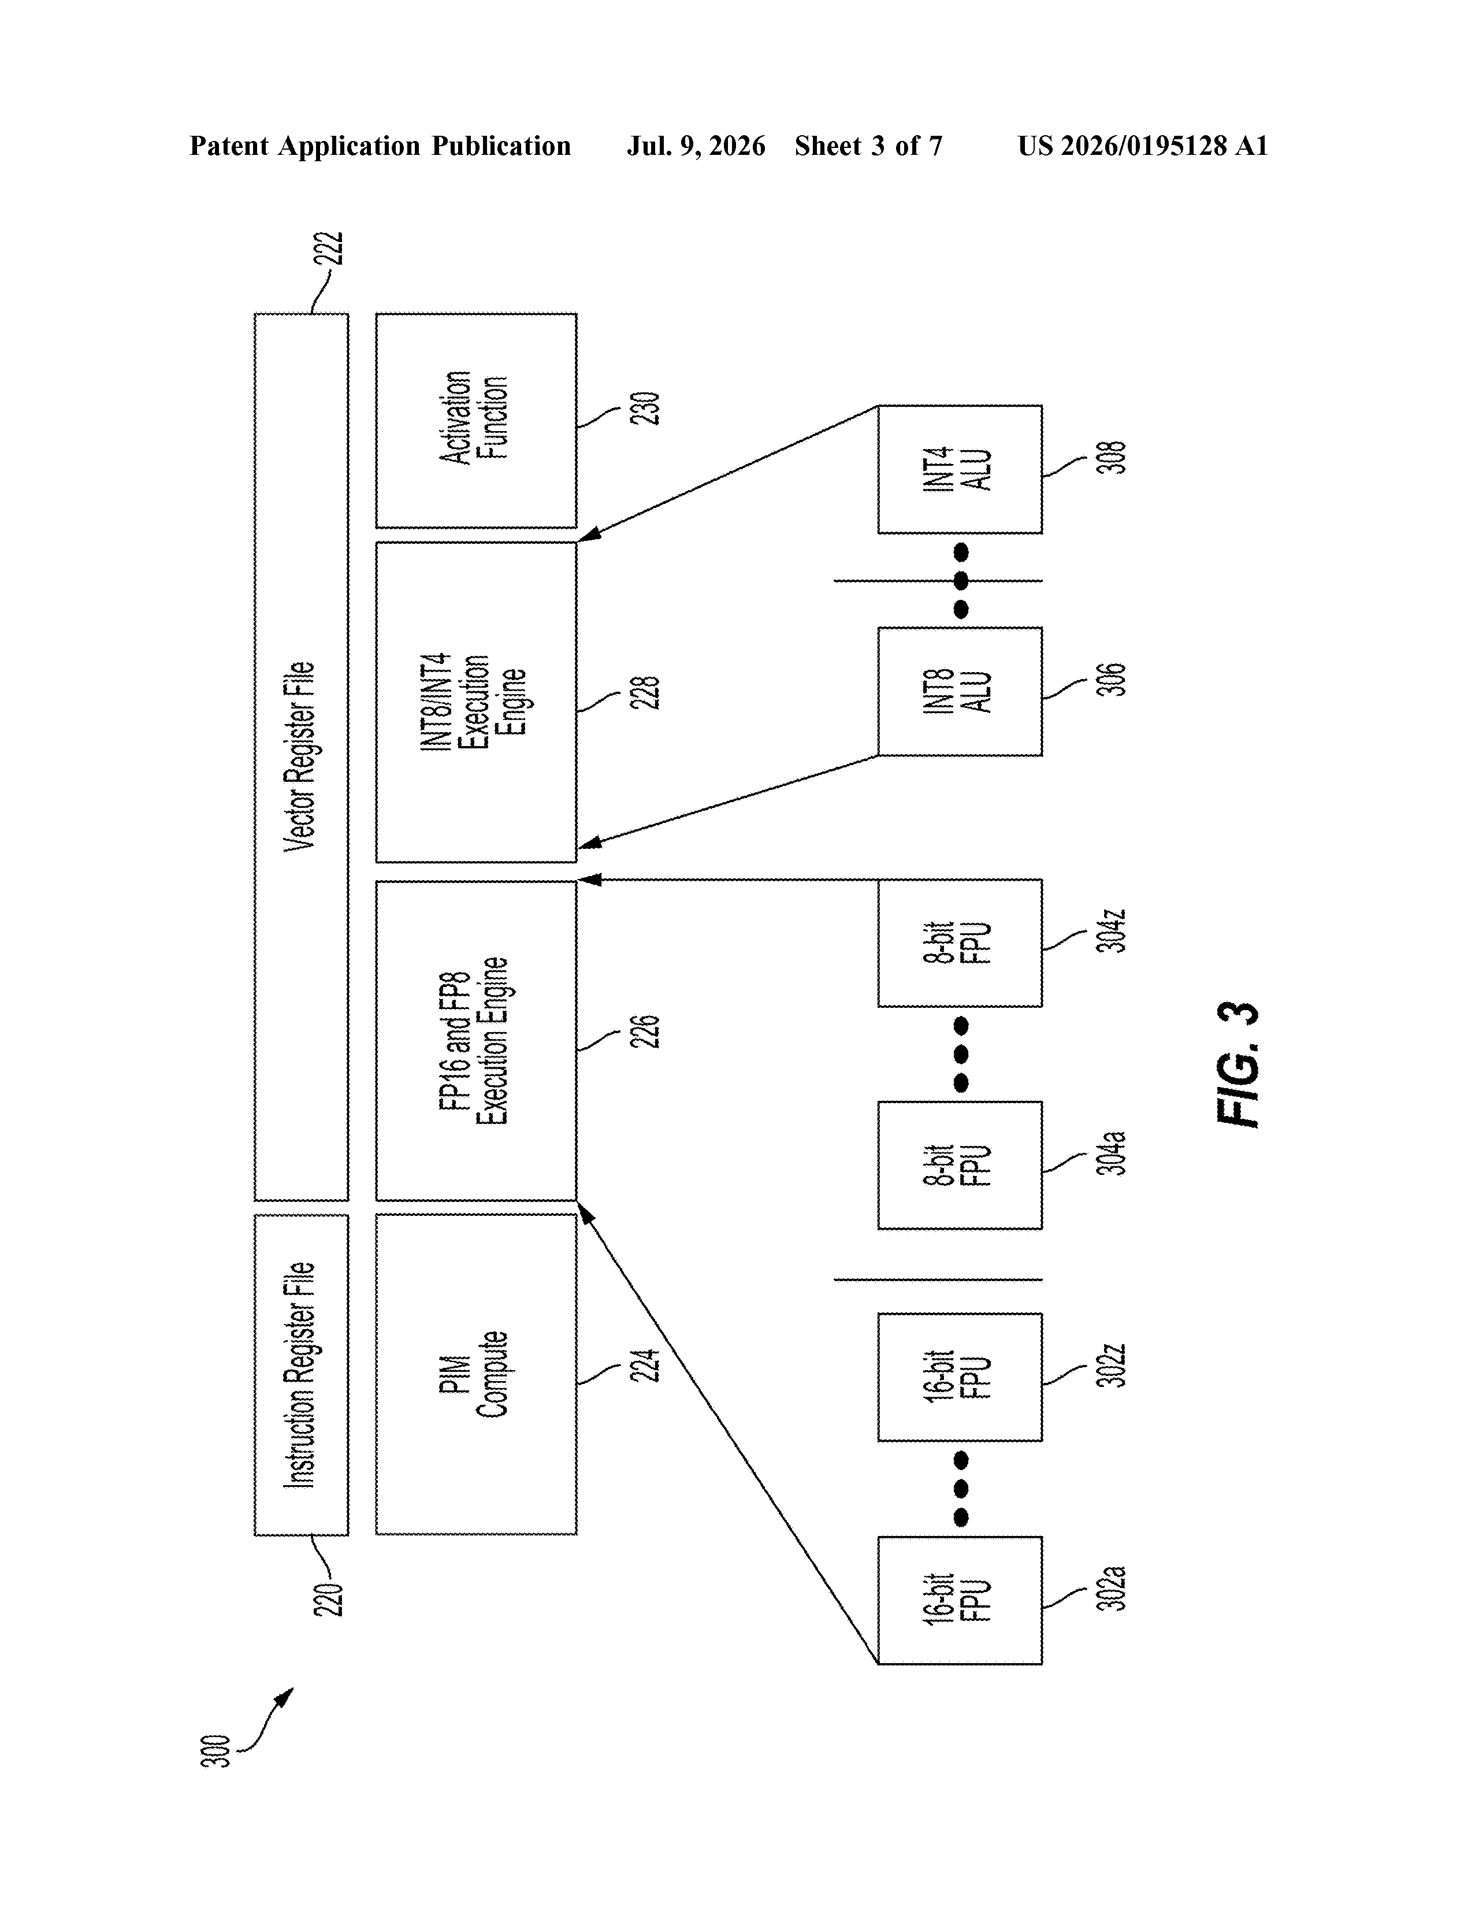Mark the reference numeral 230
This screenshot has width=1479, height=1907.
pyautogui.click(x=645, y=409)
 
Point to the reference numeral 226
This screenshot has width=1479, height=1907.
pyautogui.click(x=645, y=1031)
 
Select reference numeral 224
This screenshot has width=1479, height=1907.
pyautogui.click(x=645, y=1366)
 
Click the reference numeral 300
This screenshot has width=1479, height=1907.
pyautogui.click(x=215, y=1752)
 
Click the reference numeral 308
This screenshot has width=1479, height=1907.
pyautogui.click(x=1112, y=458)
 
